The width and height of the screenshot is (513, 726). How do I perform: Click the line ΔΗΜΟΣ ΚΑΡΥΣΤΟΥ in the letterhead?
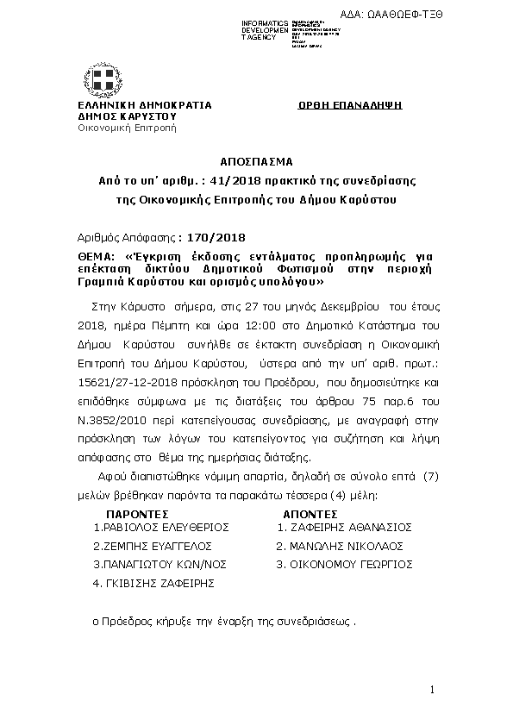[127, 115]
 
